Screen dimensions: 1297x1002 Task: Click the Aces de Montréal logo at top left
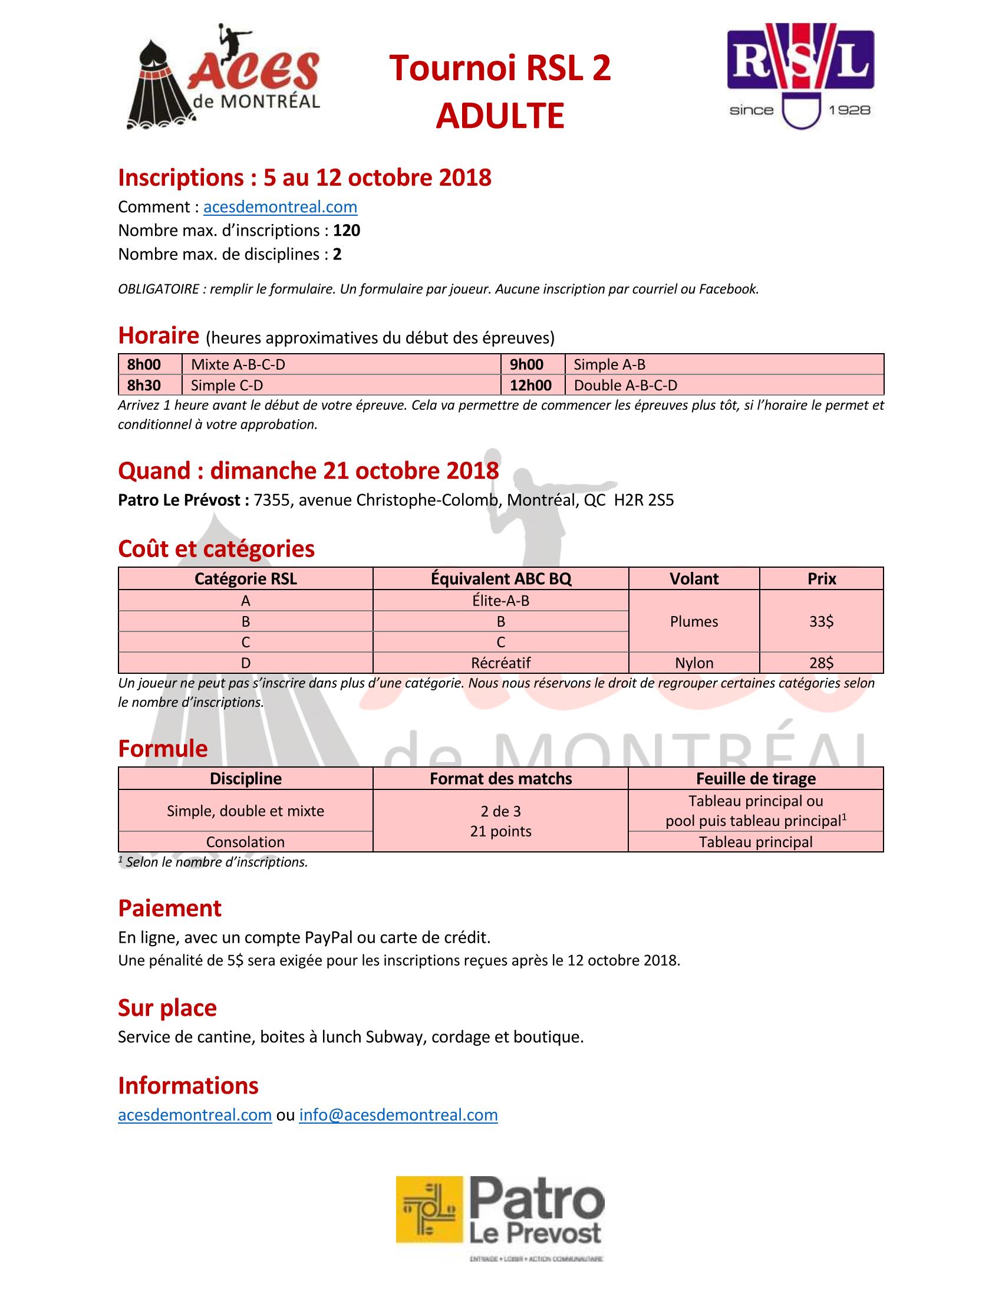[223, 76]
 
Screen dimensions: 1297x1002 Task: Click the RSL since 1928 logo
[800, 75]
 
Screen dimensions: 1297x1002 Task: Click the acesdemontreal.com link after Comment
[280, 207]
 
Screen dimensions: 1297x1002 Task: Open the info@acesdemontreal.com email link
[398, 1115]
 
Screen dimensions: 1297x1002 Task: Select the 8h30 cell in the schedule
[144, 386]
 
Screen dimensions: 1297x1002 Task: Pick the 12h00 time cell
[530, 386]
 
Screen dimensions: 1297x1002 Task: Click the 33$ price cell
[821, 621]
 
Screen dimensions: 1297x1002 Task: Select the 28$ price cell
[821, 663]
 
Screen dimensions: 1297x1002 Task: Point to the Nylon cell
[694, 663]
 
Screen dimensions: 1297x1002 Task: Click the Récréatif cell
[500, 663]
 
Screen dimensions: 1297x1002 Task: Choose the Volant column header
[694, 579]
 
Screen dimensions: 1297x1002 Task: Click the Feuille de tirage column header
[756, 779]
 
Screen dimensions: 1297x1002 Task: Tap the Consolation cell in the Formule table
[245, 841]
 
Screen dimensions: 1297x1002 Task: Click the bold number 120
[347, 231]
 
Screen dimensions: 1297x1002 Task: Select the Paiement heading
[170, 908]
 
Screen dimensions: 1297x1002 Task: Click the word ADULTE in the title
[500, 116]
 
